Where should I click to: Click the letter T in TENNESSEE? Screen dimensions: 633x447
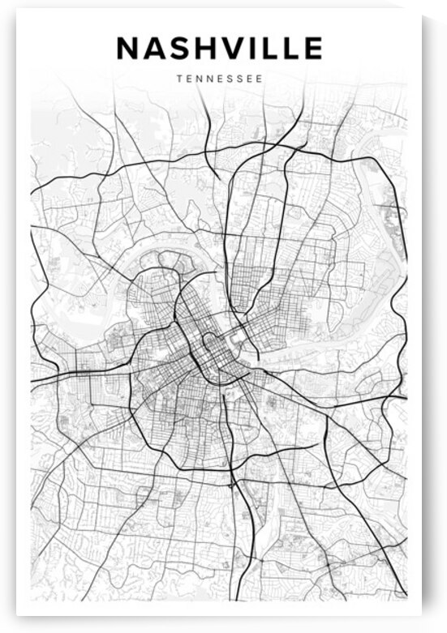[x=177, y=80]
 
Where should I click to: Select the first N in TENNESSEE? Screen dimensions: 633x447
[x=198, y=80]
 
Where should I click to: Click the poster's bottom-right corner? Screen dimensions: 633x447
[x=420, y=622]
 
